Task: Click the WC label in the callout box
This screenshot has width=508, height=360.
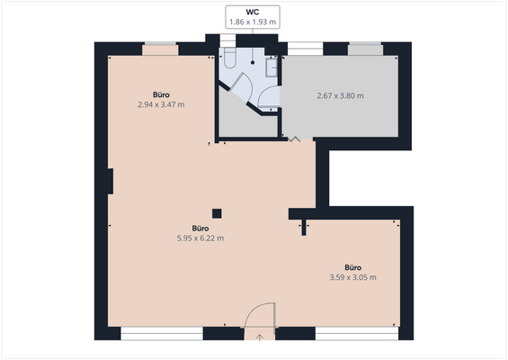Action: pos(253,12)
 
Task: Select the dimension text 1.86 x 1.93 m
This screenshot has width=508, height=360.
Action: pos(253,22)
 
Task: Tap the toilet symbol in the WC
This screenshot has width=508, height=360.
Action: pos(229,58)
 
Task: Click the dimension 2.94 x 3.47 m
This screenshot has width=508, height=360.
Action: pos(161,104)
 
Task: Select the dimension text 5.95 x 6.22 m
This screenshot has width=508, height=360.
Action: pos(201,238)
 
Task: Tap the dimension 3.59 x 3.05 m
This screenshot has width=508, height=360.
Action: pos(352,277)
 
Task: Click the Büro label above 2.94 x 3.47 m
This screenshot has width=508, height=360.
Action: pos(161,94)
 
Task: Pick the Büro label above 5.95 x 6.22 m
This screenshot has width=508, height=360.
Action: pos(201,228)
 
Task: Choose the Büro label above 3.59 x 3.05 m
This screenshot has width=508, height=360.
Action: pos(352,266)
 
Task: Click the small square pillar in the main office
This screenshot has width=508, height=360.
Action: pos(216,213)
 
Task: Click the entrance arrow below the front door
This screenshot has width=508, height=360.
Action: pos(259,337)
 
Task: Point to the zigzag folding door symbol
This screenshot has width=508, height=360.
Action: pos(295,139)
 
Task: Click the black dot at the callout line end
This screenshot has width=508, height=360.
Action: pos(253,64)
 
